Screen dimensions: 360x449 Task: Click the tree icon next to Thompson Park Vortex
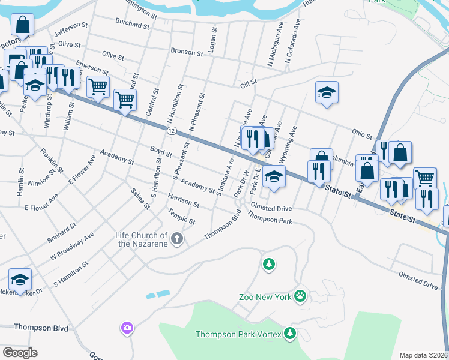point(291,332)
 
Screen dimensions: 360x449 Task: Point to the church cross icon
point(177,239)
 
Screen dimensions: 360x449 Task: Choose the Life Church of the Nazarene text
point(141,239)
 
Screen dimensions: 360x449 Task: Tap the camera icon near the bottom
point(127,328)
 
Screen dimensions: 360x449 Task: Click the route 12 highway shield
point(172,130)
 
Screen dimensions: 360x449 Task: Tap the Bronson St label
point(186,52)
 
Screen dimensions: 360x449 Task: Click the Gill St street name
point(249,82)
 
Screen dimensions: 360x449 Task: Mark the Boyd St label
point(161,153)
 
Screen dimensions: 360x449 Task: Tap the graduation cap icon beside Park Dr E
point(274,176)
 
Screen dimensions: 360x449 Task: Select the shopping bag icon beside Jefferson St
point(22,25)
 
